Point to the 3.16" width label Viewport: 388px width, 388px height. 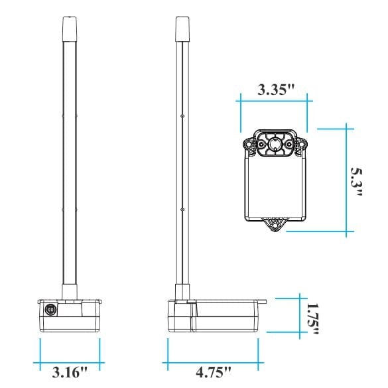pyautogui.click(x=70, y=371)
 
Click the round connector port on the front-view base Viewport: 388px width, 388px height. pyautogui.click(x=50, y=309)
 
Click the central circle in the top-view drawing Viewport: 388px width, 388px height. pyautogui.click(x=273, y=143)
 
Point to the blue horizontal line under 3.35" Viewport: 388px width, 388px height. pyautogui.click(x=273, y=102)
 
